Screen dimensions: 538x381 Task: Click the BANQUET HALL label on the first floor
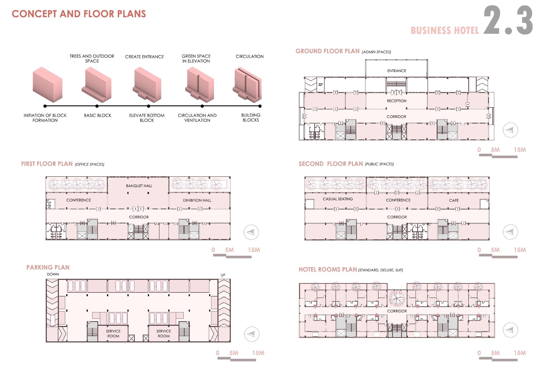(x=139, y=186)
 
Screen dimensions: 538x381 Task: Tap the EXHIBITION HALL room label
(x=197, y=201)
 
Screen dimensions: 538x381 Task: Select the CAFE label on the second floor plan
(x=454, y=201)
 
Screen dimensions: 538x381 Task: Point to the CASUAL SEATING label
(x=338, y=199)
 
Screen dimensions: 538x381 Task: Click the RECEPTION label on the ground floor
(x=397, y=101)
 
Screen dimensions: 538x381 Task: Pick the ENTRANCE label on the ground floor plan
(x=397, y=71)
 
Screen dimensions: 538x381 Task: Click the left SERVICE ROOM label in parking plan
(x=113, y=333)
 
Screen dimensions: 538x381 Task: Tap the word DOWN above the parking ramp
(x=53, y=274)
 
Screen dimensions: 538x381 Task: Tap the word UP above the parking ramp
(x=223, y=275)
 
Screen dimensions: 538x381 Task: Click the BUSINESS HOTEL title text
(x=445, y=31)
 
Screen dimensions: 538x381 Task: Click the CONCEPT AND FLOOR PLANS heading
(x=79, y=14)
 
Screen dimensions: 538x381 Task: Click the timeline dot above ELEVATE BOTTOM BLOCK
(x=149, y=106)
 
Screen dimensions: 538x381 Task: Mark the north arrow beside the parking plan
(x=251, y=334)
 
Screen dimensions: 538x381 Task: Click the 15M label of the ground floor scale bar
(x=520, y=150)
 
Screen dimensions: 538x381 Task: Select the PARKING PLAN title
(x=48, y=267)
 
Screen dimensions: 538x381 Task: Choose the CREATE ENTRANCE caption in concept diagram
(x=144, y=57)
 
